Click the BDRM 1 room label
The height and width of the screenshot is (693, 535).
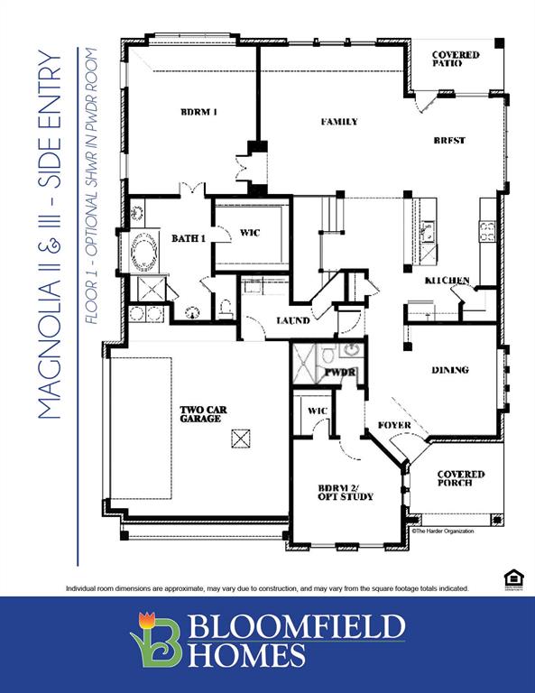199,112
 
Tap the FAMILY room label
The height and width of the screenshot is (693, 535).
339,122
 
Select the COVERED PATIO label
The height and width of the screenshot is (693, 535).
456,60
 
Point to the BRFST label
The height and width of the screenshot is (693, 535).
448,141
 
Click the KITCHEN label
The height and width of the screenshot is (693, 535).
447,282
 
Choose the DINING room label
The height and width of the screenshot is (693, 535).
449,370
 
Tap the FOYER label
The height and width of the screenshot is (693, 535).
394,425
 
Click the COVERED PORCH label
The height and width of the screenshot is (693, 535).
461,479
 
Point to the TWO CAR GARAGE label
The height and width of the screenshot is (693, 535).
203,414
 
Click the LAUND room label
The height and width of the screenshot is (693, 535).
294,320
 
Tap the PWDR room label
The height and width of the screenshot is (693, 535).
340,372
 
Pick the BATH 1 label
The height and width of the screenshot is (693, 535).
189,238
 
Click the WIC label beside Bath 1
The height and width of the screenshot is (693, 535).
250,233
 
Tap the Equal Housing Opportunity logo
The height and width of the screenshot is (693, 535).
512,578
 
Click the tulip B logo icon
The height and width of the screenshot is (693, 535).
155,639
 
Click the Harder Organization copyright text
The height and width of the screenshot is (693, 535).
442,531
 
